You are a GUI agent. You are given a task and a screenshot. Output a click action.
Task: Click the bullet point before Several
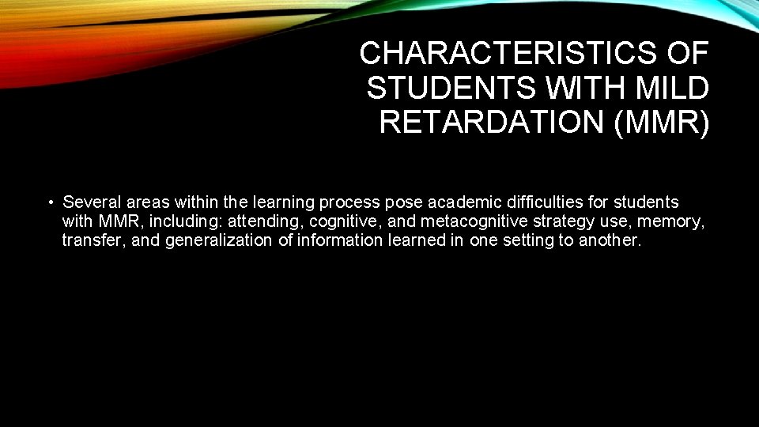pos(50,202)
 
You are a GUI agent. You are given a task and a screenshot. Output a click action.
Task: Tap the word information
pos(338,240)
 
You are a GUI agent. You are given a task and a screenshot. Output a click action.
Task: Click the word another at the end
pos(609,240)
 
